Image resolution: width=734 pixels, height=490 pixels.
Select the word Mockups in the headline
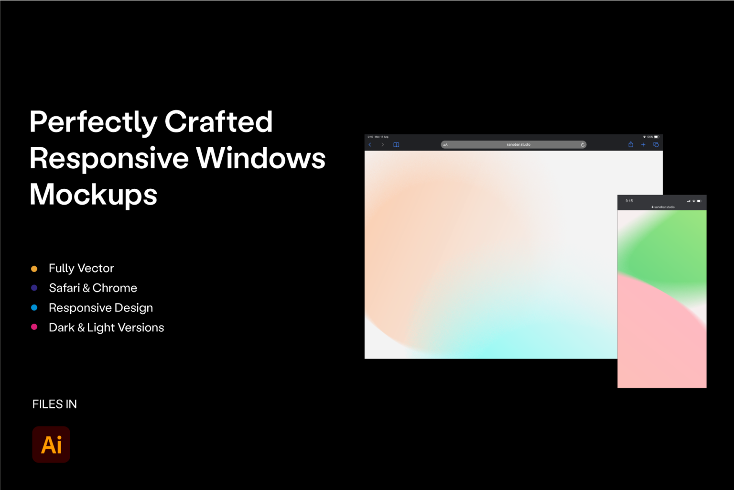point(93,195)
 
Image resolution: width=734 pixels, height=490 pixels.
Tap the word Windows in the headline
point(260,158)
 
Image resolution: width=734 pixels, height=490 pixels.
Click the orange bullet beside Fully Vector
point(34,269)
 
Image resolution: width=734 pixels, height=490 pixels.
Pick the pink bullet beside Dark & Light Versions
point(34,327)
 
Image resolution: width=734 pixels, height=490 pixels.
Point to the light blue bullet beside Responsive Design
point(34,308)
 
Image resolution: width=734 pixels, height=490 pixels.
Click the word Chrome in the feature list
point(115,288)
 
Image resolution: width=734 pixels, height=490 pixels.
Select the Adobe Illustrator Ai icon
point(51,445)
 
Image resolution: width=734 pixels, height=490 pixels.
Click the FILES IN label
point(54,404)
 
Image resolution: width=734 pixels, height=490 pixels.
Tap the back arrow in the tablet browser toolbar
point(370,144)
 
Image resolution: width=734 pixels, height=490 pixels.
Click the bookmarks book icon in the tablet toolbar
point(396,144)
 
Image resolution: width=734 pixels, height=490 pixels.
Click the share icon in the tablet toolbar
point(631,144)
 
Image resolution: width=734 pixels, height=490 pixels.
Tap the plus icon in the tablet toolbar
point(643,144)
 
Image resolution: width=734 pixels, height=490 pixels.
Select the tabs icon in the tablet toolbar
point(656,144)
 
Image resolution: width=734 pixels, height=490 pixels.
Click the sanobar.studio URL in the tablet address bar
point(518,144)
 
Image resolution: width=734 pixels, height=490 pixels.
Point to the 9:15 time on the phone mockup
point(629,201)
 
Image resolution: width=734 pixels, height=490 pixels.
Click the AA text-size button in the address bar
point(445,145)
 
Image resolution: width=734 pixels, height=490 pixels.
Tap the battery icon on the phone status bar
point(699,201)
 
